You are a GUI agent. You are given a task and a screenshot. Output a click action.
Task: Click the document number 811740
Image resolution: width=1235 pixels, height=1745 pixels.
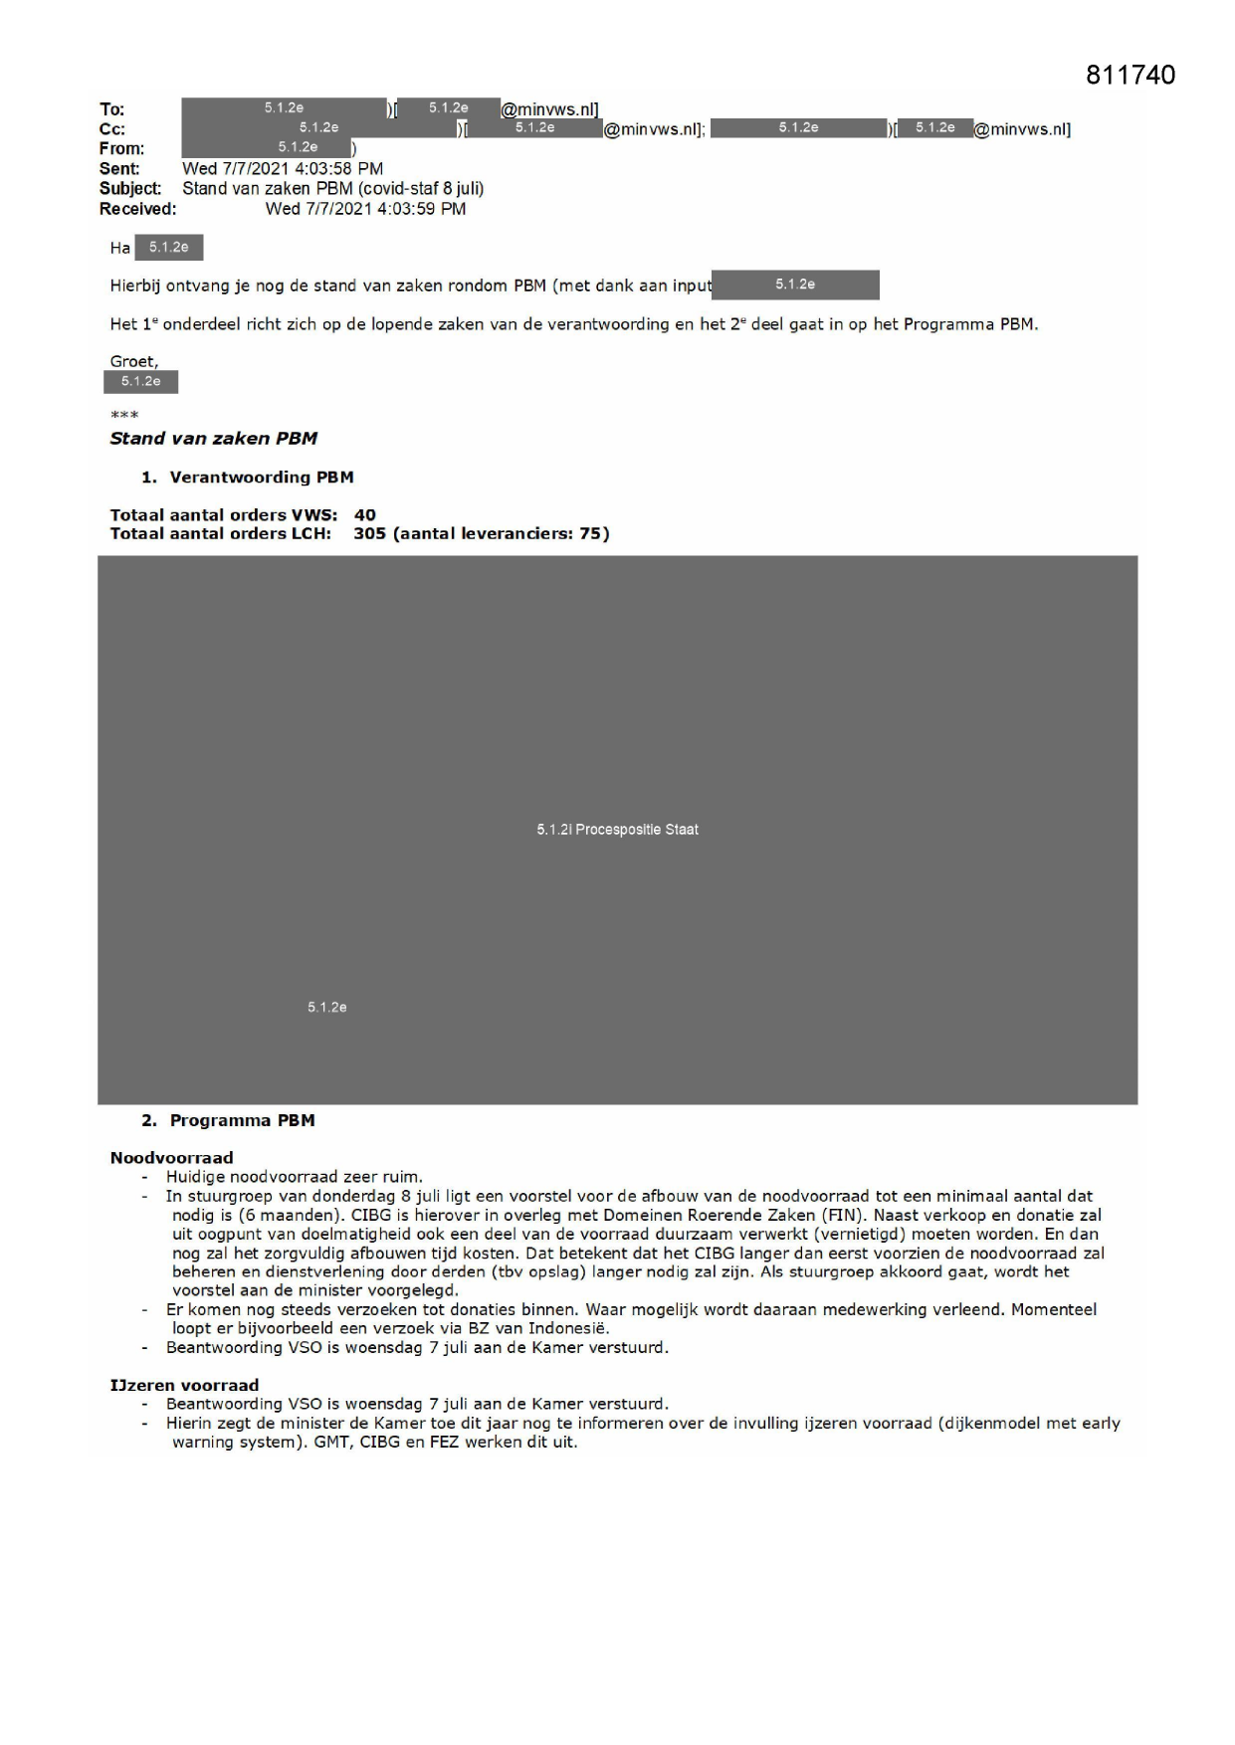(x=1131, y=76)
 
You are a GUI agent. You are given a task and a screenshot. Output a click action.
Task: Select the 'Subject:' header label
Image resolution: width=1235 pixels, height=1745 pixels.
(x=130, y=189)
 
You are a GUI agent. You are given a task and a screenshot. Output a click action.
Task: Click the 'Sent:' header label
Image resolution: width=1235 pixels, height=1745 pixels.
(x=119, y=169)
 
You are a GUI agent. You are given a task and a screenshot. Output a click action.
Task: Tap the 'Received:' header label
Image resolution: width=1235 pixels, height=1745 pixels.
(x=137, y=209)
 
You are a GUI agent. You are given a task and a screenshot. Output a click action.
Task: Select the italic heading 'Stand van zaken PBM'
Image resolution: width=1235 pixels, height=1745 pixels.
(x=213, y=439)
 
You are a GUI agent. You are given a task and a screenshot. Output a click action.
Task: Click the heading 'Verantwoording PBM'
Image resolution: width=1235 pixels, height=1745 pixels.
(x=262, y=478)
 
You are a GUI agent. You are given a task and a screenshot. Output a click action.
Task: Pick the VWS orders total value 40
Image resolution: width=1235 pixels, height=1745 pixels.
(x=365, y=515)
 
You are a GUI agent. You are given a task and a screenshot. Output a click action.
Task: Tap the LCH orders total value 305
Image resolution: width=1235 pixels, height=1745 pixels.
(x=369, y=534)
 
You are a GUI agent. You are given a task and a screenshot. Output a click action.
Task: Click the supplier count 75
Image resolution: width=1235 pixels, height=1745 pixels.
(x=591, y=534)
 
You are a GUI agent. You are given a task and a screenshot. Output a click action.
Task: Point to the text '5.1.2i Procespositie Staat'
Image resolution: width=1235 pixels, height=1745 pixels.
(x=617, y=830)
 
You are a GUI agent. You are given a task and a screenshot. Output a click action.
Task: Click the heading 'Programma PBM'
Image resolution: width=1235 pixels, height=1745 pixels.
(x=242, y=1121)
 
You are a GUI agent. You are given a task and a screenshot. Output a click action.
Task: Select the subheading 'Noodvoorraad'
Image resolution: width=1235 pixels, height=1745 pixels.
(x=171, y=1158)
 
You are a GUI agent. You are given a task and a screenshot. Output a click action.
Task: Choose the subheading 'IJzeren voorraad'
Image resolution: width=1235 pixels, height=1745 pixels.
(x=184, y=1386)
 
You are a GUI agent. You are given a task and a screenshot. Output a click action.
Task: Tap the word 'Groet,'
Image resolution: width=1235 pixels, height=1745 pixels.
(x=133, y=362)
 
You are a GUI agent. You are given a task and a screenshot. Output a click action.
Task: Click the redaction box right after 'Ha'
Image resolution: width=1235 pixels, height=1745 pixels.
(x=169, y=248)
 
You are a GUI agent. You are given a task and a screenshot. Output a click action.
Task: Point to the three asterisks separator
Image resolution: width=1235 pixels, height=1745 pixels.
(x=124, y=415)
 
